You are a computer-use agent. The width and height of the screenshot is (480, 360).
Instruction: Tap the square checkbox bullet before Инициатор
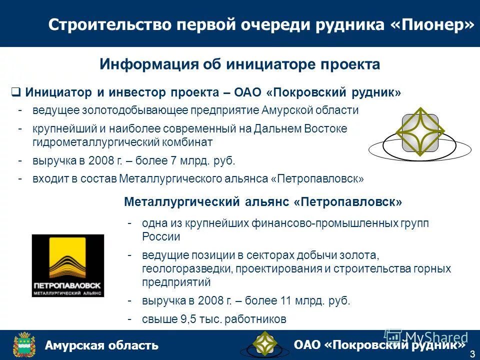[15, 92]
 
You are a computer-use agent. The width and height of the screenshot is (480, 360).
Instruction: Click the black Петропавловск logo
[68, 265]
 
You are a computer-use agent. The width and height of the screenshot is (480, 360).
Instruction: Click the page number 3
[472, 354]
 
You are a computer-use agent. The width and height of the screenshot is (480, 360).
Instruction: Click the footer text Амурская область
[101, 345]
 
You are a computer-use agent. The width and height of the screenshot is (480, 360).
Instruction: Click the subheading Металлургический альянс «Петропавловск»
[263, 202]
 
